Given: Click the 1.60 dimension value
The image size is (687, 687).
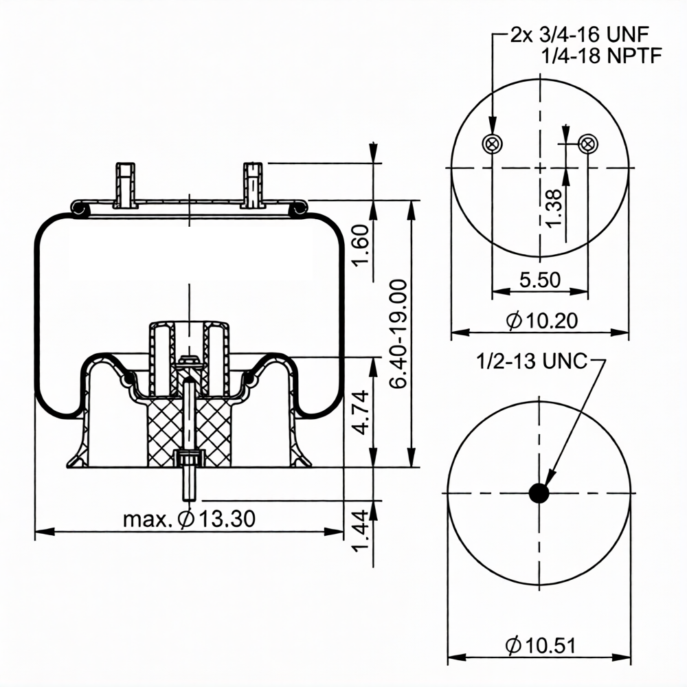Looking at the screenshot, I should tap(367, 248).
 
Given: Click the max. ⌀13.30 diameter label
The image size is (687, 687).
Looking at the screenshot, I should tap(189, 519).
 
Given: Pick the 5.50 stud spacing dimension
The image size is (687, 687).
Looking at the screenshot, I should tap(540, 280).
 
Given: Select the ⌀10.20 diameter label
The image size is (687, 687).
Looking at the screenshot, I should tap(540, 320).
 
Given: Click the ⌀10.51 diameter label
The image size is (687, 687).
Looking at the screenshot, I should tap(540, 646).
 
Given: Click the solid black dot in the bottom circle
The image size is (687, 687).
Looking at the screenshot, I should tap(539, 493).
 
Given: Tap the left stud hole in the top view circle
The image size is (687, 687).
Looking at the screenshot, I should tap(492, 144).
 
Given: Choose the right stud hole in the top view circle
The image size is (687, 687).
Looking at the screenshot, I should tap(587, 144).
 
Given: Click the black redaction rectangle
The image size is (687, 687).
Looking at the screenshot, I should tap(191, 253).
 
